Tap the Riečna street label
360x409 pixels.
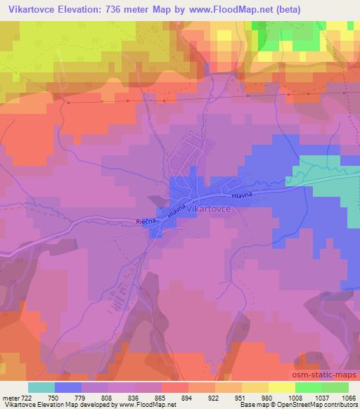coord(145,221)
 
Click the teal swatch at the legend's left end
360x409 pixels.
coord(41,387)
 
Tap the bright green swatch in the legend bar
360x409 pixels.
coord(308,387)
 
